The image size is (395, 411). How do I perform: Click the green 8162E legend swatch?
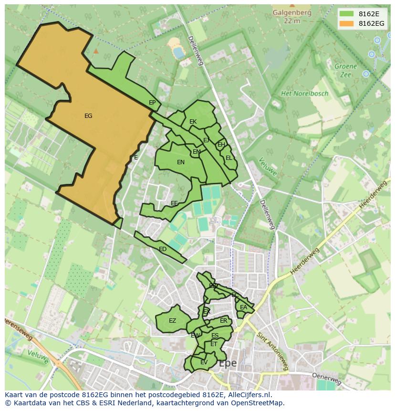point(346,13)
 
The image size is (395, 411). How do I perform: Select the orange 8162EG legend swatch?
point(346,23)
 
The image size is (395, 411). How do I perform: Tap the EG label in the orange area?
point(88,116)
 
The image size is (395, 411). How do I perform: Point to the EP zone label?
point(152,103)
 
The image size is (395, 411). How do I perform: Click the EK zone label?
point(193,122)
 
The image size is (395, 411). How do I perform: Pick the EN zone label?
point(181,162)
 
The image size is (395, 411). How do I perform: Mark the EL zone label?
point(229,158)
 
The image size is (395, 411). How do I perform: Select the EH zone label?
point(221,145)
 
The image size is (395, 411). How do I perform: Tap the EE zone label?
point(174,203)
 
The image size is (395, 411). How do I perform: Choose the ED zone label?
point(163,249)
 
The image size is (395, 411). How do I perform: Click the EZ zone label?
point(172,321)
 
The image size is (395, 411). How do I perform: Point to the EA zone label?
point(244,307)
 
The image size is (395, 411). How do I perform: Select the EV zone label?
point(204,362)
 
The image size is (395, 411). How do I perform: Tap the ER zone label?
point(223,321)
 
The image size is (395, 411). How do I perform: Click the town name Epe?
point(228,364)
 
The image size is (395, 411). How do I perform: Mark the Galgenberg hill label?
point(291,13)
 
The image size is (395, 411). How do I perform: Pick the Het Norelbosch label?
point(304,94)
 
